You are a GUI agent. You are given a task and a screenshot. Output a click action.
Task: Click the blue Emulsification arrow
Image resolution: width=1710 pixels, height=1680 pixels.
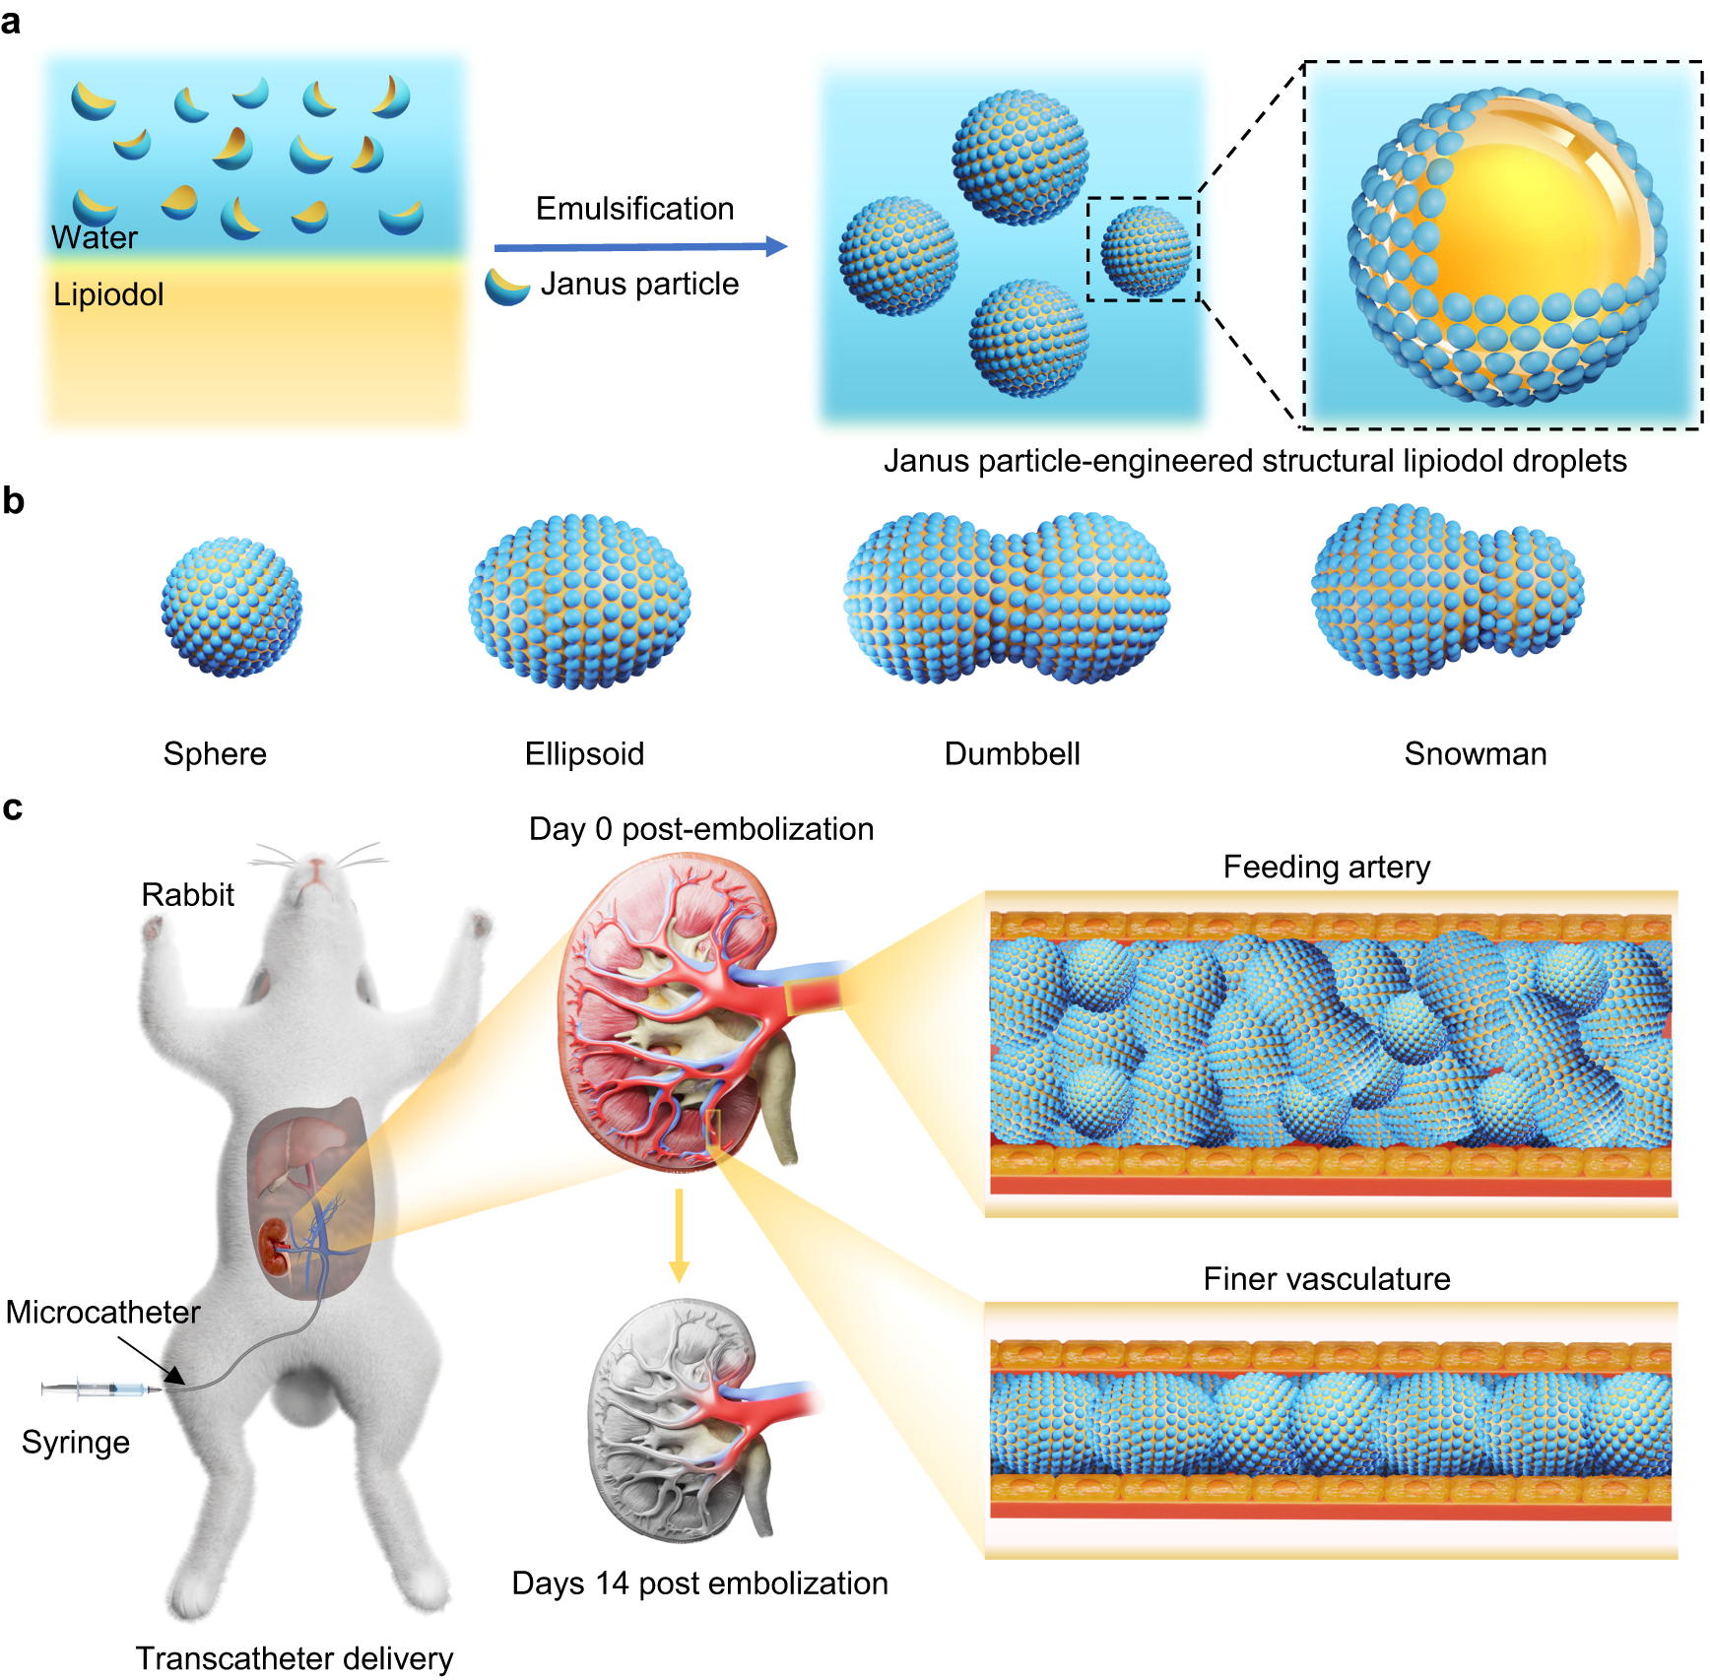point(640,246)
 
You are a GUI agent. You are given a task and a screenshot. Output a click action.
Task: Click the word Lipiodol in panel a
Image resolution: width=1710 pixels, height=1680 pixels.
point(108,294)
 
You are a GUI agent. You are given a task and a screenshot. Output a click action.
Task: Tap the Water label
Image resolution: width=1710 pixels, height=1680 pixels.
point(94,237)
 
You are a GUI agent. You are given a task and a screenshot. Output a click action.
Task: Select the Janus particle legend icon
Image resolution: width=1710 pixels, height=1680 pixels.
point(507,287)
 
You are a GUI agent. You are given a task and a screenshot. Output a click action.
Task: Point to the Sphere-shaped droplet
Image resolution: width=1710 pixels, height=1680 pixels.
point(231,608)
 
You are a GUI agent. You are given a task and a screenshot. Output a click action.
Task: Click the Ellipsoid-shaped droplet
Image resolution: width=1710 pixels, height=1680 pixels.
point(579,601)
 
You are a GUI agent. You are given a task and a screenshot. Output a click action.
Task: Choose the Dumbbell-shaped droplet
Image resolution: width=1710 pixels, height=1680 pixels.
point(1007,598)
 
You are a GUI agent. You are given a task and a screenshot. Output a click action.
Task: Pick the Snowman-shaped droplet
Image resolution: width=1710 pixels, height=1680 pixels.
point(1446,591)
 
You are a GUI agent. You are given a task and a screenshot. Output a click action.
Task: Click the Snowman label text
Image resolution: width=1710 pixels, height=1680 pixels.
point(1475,753)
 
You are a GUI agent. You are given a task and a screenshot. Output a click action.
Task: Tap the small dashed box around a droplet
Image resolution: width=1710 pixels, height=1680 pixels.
point(1143,249)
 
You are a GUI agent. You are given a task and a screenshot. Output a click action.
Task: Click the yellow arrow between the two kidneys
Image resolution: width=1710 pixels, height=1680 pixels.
point(678,1235)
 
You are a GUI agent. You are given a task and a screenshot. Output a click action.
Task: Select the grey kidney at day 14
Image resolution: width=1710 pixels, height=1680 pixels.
point(680,1418)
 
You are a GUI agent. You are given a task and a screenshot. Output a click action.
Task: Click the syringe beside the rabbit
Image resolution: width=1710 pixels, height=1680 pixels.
point(99,1389)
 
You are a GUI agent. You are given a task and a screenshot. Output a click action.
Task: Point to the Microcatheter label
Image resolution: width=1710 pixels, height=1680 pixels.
point(102,1312)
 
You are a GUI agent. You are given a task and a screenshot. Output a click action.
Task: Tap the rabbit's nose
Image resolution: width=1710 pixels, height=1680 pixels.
point(316,866)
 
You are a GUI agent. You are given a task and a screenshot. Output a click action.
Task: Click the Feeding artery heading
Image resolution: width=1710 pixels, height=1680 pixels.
point(1326,867)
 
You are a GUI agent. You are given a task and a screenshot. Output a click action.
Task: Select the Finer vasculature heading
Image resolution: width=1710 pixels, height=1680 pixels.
point(1326,1278)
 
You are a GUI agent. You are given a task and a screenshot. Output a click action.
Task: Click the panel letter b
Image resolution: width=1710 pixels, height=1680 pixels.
point(13,501)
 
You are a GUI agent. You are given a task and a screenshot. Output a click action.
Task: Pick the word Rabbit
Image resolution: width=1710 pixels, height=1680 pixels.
point(187,894)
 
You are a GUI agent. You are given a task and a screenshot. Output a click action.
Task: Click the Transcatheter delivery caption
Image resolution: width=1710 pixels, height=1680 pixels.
point(294,1658)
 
